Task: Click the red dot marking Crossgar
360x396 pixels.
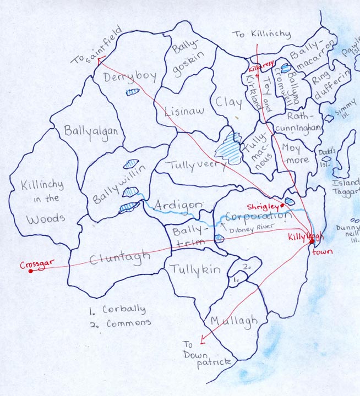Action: pos(30,270)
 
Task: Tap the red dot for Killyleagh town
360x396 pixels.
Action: pos(312,241)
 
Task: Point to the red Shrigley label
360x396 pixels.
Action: pos(263,205)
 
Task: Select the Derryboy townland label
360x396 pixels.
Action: pos(130,76)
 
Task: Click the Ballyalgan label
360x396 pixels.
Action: pos(89,131)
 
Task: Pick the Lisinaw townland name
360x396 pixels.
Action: pos(184,111)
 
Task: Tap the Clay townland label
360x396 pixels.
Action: pos(228,102)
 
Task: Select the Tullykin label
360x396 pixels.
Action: pos(195,269)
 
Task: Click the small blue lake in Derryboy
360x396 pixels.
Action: pos(132,92)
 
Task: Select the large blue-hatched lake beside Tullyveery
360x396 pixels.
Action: pos(228,147)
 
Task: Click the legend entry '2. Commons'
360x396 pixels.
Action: pos(120,323)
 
